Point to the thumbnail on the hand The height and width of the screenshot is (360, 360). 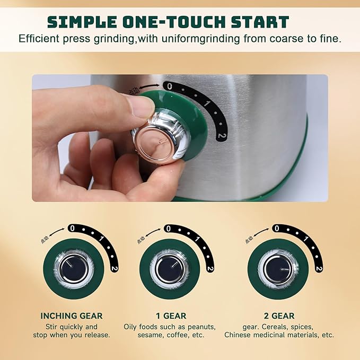click(x=141, y=106)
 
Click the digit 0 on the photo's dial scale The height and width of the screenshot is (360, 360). click(x=168, y=85)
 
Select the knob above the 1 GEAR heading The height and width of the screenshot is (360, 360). click(x=170, y=268)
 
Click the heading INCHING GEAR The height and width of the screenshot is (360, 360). click(x=72, y=316)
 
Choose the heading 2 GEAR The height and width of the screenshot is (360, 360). click(x=279, y=316)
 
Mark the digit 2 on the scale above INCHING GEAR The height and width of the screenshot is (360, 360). click(x=113, y=267)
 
